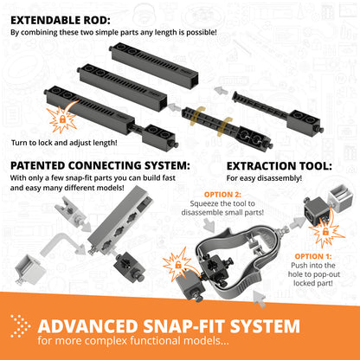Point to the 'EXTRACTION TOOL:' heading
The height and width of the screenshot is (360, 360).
point(279,164)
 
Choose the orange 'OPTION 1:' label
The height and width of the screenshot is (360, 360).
point(314,256)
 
